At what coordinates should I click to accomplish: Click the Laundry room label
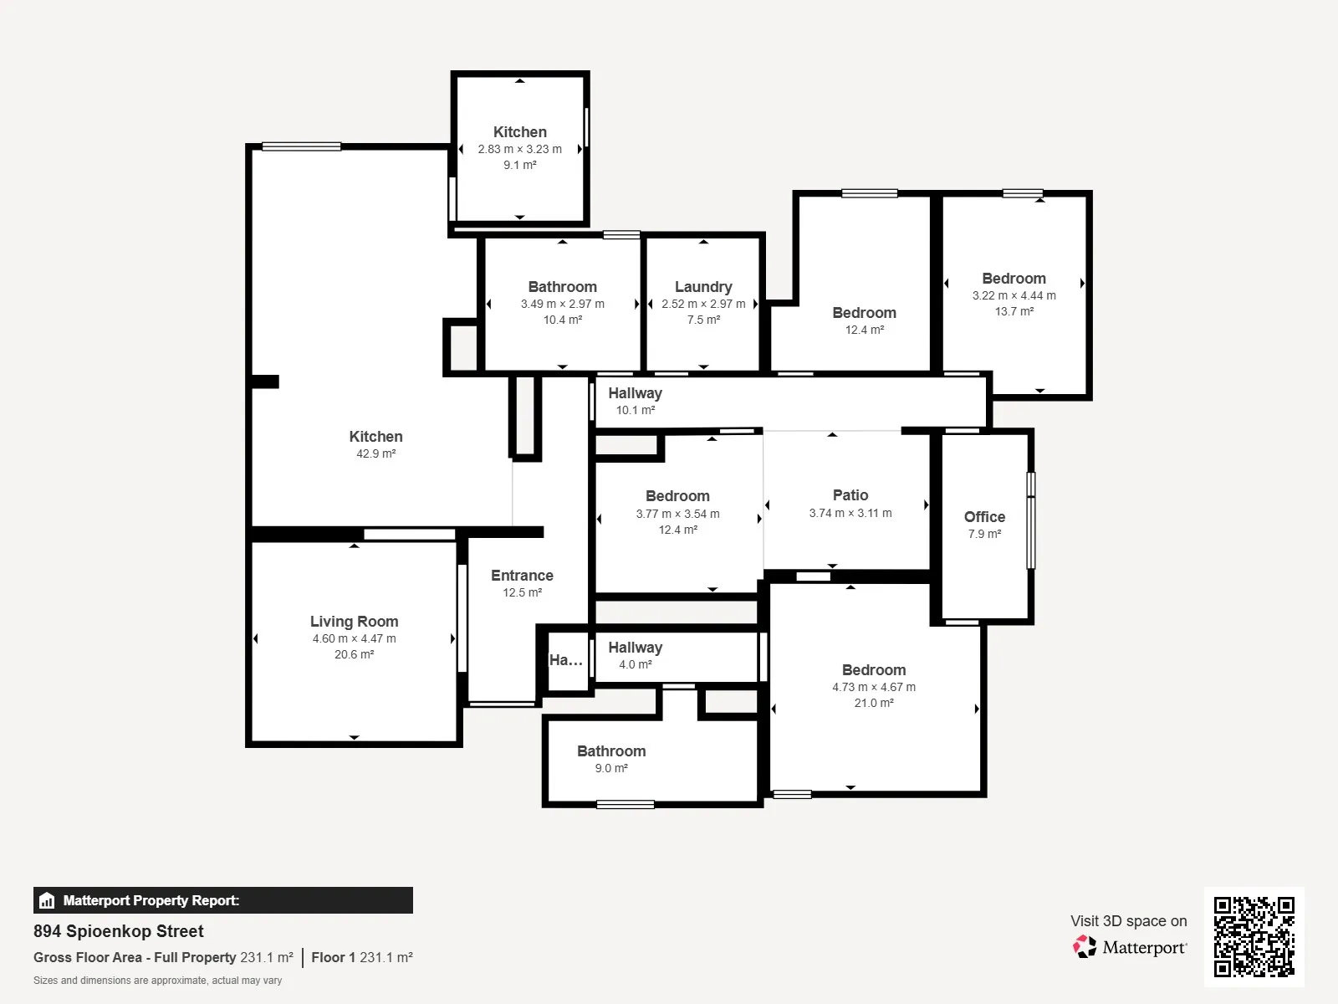tap(702, 286)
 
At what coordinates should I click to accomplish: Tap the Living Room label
tap(355, 621)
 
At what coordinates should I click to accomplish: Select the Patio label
tap(850, 495)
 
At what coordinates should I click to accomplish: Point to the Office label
tap(984, 517)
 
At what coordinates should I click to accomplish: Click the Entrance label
tap(522, 576)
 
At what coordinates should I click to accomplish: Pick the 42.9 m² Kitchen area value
tap(376, 453)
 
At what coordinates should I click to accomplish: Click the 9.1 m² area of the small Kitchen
tap(520, 165)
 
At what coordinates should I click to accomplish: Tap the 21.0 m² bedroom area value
tap(874, 703)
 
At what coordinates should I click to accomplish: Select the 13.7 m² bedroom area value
tap(1014, 311)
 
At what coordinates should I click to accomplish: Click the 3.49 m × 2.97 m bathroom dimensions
tap(562, 304)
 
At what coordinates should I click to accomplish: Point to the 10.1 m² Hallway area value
tap(636, 410)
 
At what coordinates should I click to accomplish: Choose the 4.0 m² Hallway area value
tap(636, 664)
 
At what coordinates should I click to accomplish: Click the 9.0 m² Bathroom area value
tap(611, 768)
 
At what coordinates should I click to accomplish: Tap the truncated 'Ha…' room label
tap(565, 659)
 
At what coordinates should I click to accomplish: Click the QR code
tap(1254, 937)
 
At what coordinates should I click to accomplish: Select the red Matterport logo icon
tap(1085, 947)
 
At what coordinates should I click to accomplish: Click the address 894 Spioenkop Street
tap(118, 931)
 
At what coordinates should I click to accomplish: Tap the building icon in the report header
tap(47, 900)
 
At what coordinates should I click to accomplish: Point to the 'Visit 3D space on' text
tap(1128, 920)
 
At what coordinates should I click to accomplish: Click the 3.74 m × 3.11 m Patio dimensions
tap(850, 513)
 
